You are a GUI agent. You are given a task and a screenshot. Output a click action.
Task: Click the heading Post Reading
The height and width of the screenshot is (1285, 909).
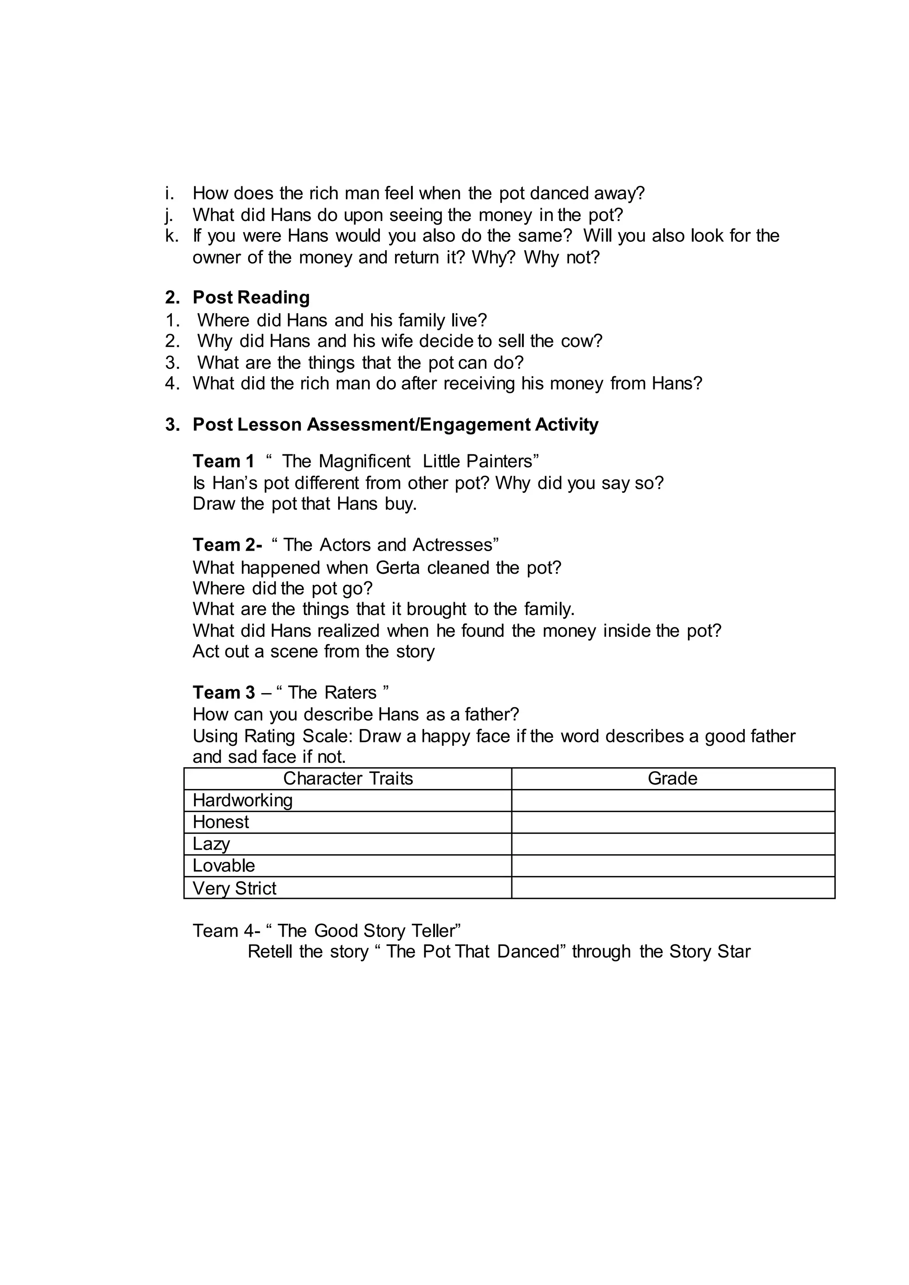[251, 297]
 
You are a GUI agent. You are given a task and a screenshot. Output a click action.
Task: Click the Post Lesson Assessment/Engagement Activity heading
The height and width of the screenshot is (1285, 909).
[395, 425]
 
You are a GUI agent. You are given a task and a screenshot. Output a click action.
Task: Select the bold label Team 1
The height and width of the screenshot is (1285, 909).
[223, 461]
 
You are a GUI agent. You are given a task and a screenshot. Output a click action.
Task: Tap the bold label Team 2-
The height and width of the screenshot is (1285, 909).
[227, 544]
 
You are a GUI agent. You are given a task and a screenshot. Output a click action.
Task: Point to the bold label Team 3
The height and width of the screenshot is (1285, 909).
[224, 692]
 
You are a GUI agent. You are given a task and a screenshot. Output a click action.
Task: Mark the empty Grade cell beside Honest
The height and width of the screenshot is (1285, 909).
[673, 822]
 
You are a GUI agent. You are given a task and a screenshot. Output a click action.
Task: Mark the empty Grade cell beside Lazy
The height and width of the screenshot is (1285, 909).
[673, 844]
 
